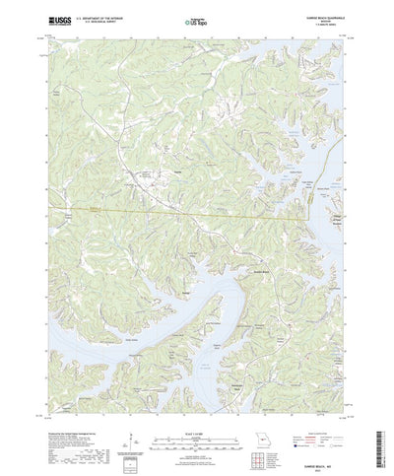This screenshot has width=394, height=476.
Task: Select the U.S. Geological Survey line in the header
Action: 97,21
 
